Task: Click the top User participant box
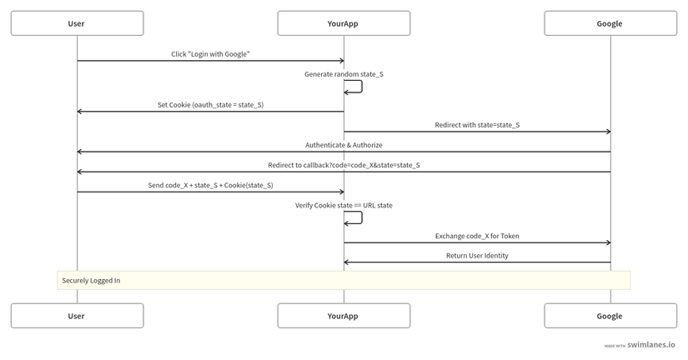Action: [x=78, y=23]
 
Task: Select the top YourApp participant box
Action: [x=344, y=23]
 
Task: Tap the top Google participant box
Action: [x=610, y=23]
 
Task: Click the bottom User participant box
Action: [x=78, y=316]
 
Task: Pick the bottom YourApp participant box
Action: [x=344, y=316]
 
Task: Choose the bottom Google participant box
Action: [x=610, y=316]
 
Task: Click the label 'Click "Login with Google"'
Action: [x=211, y=54]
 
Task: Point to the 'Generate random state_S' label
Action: [x=344, y=74]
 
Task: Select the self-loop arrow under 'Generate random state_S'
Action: [x=362, y=87]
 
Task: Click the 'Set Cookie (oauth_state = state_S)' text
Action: [x=211, y=105]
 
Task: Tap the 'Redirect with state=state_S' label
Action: [x=477, y=125]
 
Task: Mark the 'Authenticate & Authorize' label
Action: [x=344, y=145]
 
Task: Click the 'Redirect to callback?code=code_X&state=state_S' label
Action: [x=344, y=165]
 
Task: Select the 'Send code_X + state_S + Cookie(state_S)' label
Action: [x=211, y=186]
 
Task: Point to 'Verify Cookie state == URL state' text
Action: [x=344, y=205]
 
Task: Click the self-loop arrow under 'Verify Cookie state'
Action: [x=362, y=217]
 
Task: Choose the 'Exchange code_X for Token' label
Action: [x=477, y=236]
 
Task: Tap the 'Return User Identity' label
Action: [x=477, y=256]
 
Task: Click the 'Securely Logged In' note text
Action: [x=91, y=281]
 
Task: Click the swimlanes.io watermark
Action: [x=640, y=345]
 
